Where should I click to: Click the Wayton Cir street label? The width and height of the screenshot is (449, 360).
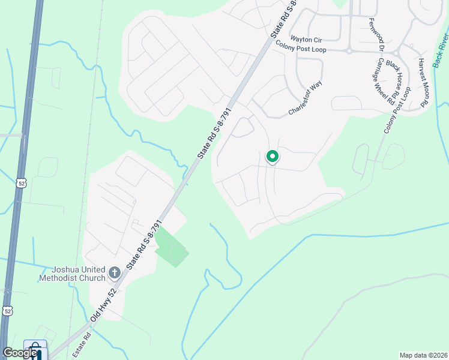310,40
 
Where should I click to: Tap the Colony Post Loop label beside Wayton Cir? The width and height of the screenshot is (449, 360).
301,46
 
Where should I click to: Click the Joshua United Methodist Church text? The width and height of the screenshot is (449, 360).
71,274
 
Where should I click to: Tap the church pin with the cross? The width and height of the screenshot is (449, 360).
114,274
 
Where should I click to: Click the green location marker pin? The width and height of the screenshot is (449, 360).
272,157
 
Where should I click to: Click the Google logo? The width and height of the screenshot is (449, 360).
20,353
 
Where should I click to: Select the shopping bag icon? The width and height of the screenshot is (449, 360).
35,349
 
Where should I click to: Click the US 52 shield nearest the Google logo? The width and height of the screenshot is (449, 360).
7,310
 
